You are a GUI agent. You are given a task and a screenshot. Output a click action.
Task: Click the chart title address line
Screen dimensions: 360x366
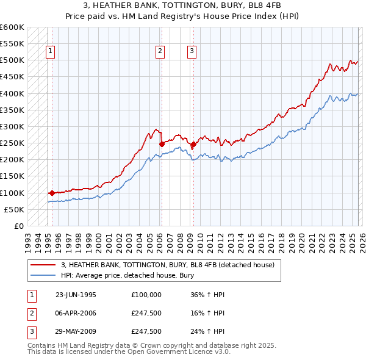[x=182, y=5]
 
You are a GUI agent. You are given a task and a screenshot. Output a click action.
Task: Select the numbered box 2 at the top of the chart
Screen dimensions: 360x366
[x=160, y=52]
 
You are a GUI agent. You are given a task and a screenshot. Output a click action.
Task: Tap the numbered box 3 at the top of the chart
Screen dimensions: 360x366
[x=192, y=52]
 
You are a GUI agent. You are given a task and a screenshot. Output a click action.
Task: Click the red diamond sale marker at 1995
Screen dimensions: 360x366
[x=52, y=193]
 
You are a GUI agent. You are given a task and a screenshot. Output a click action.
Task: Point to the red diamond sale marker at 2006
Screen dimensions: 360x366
[x=162, y=144]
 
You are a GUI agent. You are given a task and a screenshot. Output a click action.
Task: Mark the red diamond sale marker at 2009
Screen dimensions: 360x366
[x=193, y=144]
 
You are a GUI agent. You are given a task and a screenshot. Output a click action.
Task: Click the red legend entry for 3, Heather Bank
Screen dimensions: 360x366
[x=168, y=265]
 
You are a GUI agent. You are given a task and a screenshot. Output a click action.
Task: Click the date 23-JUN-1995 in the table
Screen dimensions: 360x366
[x=76, y=294]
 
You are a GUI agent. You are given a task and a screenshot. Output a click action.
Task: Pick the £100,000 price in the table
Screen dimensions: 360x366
[x=146, y=294]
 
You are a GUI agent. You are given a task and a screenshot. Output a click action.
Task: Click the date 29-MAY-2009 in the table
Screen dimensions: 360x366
[x=76, y=332]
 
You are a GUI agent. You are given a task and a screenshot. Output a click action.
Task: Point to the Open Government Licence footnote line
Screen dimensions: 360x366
[x=129, y=352]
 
